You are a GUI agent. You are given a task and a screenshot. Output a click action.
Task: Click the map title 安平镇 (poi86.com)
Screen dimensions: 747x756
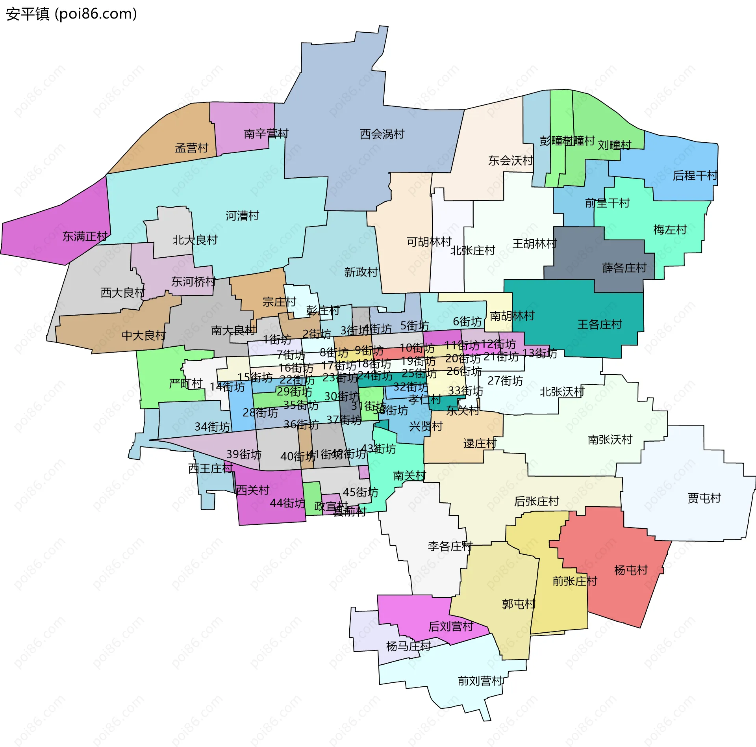coord(71,14)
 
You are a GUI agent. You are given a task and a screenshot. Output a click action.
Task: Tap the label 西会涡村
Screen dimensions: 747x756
coord(382,134)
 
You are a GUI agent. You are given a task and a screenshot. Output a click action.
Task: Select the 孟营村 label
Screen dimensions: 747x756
coord(191,148)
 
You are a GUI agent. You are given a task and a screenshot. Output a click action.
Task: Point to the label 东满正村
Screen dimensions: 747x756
coord(85,236)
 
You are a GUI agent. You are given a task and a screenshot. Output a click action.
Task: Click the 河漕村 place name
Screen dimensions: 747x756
coord(242,216)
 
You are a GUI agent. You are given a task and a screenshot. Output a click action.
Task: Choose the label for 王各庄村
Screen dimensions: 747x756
coord(599,325)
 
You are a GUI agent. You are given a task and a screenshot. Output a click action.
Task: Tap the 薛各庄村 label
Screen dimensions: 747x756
coord(624,268)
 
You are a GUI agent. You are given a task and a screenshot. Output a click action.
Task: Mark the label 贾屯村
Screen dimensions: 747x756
coord(704,498)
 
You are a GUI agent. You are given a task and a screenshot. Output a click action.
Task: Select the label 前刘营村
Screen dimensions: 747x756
coord(480,681)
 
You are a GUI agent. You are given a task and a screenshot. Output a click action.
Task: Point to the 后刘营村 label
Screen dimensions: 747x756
coord(450,626)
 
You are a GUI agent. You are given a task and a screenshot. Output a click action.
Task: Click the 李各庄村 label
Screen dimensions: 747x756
coord(450,546)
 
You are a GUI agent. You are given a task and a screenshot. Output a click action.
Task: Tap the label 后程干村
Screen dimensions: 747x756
coord(695,176)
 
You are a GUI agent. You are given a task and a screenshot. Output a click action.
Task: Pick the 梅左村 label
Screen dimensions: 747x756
coord(670,230)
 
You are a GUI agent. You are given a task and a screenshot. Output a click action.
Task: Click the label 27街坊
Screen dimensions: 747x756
coord(505,381)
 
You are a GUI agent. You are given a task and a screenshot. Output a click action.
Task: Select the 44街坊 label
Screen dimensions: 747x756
coord(287,504)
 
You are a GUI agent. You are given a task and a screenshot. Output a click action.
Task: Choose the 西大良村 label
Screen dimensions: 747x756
coord(123,293)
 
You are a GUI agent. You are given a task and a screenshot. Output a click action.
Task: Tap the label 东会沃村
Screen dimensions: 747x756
coord(510,161)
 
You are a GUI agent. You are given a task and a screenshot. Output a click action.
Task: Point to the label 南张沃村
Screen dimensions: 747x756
coord(610,440)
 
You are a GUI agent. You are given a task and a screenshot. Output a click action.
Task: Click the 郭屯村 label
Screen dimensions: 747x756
coord(519,604)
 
